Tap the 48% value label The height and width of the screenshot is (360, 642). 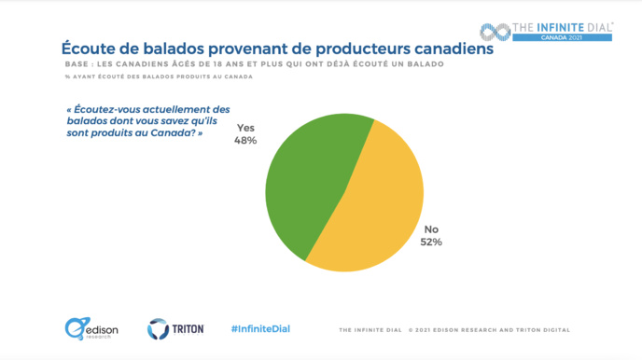click(245, 141)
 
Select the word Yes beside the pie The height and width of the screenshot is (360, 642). click(245, 128)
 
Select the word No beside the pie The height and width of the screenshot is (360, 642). click(431, 228)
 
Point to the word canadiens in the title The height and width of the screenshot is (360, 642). click(446, 48)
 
